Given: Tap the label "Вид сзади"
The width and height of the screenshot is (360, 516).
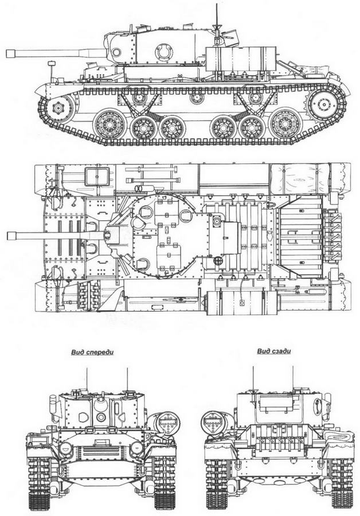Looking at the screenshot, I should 270,353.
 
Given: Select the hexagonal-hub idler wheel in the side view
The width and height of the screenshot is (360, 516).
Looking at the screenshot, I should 58,107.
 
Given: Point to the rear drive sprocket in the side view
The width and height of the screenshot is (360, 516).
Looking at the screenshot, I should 323,105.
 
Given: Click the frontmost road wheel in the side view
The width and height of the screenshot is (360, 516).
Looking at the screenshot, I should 107,124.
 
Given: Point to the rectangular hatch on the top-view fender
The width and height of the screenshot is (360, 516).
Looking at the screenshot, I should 97,176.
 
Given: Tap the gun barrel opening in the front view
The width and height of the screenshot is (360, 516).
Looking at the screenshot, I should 101,417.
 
